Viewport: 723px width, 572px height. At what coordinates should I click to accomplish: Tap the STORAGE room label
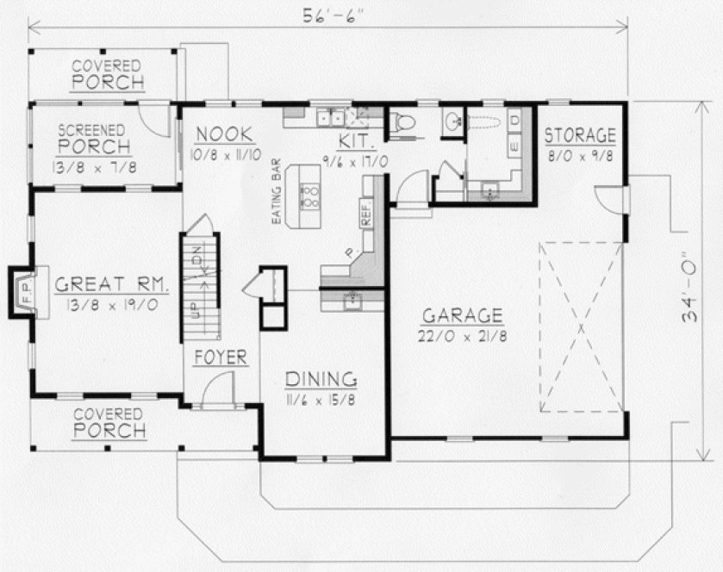click(x=580, y=135)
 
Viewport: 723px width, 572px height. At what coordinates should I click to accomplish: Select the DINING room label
click(x=321, y=379)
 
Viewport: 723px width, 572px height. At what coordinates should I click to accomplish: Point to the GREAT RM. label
click(x=112, y=284)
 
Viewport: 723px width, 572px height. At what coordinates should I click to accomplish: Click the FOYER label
click(x=221, y=357)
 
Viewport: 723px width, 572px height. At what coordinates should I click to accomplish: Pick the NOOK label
click(x=223, y=134)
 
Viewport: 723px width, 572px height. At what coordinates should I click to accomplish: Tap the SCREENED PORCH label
click(x=95, y=139)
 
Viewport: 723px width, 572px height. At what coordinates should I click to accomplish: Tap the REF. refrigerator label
click(x=367, y=216)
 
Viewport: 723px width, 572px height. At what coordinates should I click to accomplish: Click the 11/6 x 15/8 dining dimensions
click(x=321, y=400)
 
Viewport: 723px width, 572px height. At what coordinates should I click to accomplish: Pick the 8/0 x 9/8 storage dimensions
click(x=580, y=156)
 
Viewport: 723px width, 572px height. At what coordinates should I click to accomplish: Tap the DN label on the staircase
click(x=197, y=256)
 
